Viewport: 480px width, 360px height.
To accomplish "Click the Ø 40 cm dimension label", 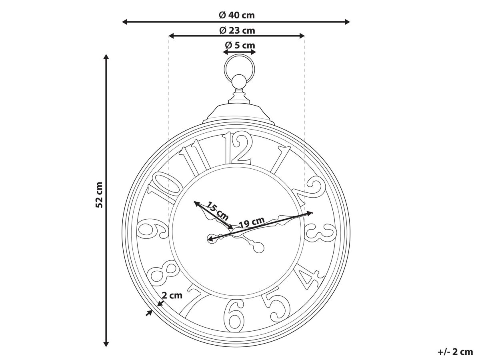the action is pos(237,15).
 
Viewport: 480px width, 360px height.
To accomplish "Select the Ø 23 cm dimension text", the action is pos(237,31).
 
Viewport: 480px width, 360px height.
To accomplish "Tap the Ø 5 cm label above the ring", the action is pos(240,46).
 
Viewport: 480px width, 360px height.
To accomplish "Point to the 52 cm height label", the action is pos(99,195).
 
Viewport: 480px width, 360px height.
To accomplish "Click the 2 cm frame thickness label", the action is pos(172,295).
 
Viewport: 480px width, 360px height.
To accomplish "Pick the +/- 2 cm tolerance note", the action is pos(455,352).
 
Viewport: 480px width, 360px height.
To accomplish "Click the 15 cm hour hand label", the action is pos(217,211).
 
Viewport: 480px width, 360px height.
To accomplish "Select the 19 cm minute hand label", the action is pos(252,222).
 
